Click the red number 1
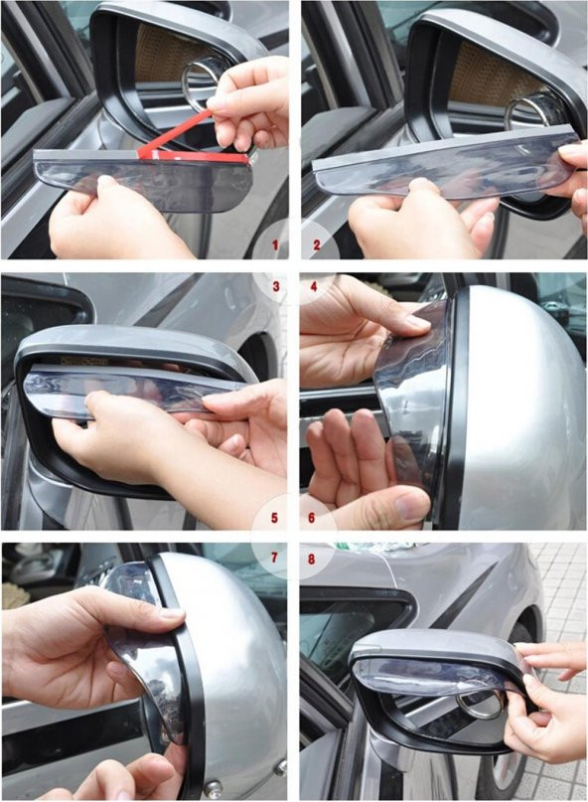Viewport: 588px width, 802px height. pos(275,245)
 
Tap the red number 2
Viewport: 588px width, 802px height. pos(317,245)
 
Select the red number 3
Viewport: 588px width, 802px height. pos(276,286)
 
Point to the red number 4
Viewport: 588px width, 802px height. pos(314,286)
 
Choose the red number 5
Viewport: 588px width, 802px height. pos(274,518)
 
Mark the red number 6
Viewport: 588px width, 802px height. pos(312,518)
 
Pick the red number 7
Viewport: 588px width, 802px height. pos(274,558)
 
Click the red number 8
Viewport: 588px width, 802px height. pos(312,559)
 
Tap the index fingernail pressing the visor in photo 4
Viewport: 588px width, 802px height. pos(417,321)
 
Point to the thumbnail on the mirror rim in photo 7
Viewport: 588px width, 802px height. pos(171,614)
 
